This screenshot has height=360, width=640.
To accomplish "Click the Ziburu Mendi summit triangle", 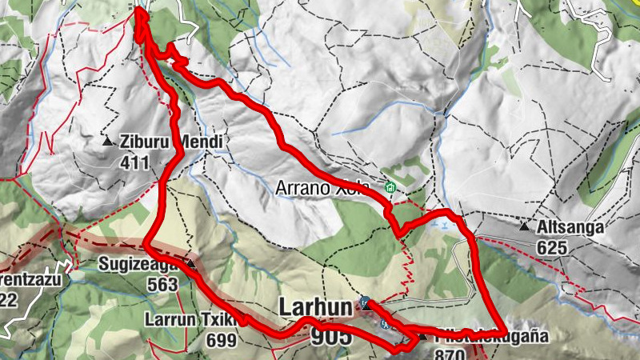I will pos(108,142).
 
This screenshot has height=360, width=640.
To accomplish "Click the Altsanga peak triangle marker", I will pos(524,226).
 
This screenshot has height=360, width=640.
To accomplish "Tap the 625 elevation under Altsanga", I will pos(552,248).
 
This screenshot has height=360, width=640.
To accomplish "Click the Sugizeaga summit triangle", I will pos(191,263).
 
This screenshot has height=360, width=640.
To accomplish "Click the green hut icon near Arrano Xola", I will pos(390,188).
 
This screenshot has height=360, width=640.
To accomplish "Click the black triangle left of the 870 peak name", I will pos(422,336).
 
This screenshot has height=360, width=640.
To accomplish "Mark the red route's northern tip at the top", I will pos(140,10).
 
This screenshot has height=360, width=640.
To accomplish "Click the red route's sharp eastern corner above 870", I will pos(501,330).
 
